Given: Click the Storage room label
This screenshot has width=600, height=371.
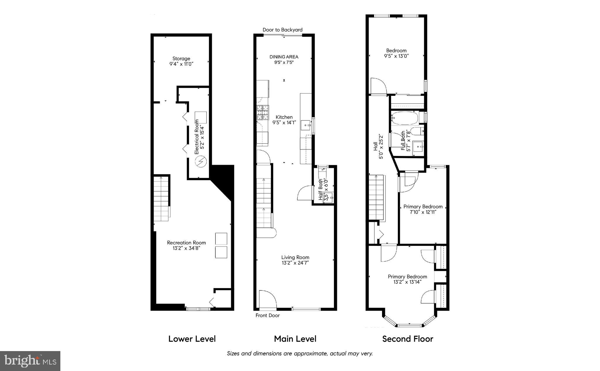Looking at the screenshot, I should [x=181, y=59].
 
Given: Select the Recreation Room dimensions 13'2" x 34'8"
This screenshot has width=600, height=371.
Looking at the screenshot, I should [x=186, y=248].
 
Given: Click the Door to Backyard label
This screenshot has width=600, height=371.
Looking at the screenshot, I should [x=282, y=30].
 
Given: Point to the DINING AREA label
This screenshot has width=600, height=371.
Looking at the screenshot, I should [x=284, y=57].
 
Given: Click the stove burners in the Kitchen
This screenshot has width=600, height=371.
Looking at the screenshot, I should [x=263, y=113].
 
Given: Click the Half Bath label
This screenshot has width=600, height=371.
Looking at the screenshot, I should [x=321, y=189].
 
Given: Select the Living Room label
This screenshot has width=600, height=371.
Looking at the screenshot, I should [x=295, y=257].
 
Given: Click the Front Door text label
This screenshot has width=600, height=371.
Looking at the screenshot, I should [x=267, y=315].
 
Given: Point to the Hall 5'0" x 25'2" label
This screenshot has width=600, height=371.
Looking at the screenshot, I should [x=378, y=147].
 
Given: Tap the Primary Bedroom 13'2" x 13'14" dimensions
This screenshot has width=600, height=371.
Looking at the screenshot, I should [x=407, y=282].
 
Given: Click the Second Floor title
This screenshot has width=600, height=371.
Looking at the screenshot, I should [x=408, y=339].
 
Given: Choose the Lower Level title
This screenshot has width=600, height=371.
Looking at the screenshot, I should [x=192, y=339].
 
